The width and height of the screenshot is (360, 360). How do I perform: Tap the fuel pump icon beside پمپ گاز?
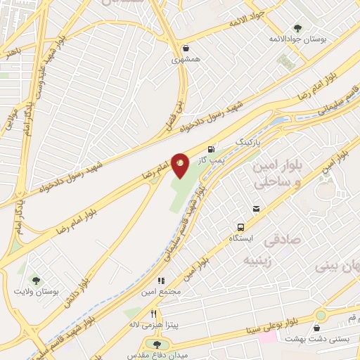(x=211, y=148)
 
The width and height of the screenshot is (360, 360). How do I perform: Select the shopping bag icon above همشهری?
(x=185, y=49)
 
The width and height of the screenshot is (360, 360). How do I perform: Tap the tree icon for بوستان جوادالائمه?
(x=297, y=28)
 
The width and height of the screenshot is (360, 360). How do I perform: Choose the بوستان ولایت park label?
(x=34, y=290)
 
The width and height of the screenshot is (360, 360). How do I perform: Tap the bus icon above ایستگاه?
(x=240, y=227)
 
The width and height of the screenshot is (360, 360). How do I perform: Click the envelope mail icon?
(x=257, y=208)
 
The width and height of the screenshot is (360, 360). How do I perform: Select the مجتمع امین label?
(x=165, y=291)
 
